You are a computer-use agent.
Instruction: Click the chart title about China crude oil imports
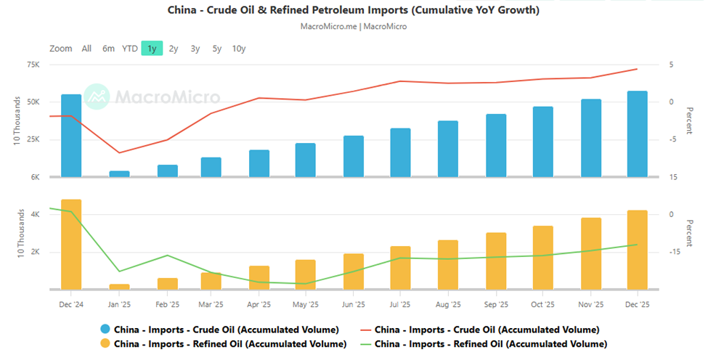point(354,11)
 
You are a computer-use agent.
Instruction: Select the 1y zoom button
point(152,49)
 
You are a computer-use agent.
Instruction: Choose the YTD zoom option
point(130,49)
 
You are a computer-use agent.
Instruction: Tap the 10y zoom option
point(239,49)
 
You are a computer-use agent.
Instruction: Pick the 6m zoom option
point(108,49)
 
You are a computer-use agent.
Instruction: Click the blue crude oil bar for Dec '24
point(71,136)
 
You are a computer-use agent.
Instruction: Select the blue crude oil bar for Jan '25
point(119,174)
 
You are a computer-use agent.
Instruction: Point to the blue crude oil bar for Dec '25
point(637,134)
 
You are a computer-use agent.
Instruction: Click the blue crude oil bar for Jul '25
point(400,152)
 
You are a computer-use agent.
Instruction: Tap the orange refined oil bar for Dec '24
point(71,244)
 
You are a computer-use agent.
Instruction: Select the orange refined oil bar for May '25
point(306,274)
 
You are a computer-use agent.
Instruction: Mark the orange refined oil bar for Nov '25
point(591,253)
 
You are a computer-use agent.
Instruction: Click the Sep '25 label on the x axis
point(496,304)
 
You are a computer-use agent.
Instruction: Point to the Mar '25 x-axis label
point(211,304)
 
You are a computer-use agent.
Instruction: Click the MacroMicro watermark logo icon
point(96,96)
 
